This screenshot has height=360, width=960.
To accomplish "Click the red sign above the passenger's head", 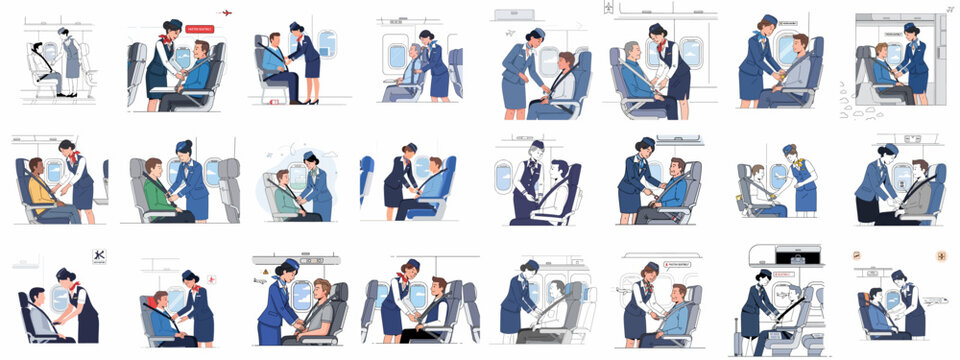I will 199,30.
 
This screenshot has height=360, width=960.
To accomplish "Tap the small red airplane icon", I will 226,13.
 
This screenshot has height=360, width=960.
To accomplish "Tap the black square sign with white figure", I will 99,256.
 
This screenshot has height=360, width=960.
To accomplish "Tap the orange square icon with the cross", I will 940,256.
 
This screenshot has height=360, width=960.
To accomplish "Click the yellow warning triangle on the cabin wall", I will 265,271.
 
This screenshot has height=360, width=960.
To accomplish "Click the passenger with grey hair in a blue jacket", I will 635,70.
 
